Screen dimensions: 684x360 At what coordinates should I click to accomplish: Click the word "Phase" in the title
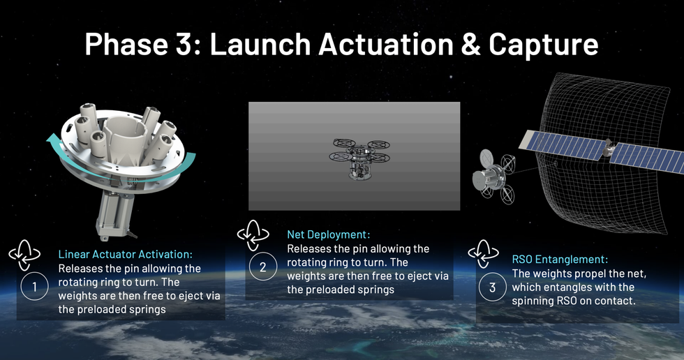(x=127, y=45)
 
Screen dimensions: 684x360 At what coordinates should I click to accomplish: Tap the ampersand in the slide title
(x=470, y=45)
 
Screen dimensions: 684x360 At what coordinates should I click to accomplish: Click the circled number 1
(x=34, y=286)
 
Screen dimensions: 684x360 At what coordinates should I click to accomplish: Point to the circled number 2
(x=263, y=267)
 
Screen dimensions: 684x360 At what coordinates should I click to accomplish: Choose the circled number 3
(x=493, y=287)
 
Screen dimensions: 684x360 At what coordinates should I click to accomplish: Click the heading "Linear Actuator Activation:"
(x=125, y=254)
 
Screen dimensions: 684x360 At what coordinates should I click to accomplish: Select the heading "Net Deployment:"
(x=328, y=234)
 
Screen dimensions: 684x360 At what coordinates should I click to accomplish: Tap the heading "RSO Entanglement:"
(x=560, y=260)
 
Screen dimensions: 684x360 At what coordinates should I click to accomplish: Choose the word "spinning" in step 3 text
(x=533, y=301)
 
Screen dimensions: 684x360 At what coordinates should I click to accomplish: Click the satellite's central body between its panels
(x=608, y=148)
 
